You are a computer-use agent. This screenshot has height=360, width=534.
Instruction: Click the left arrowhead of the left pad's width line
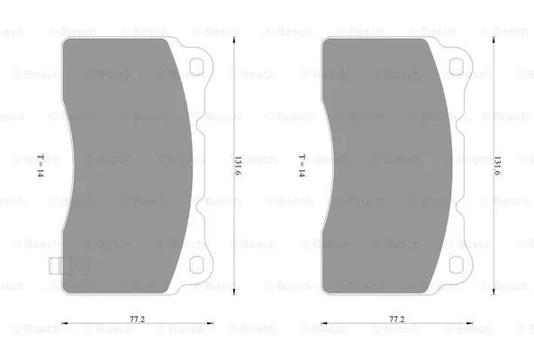point(63,325)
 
